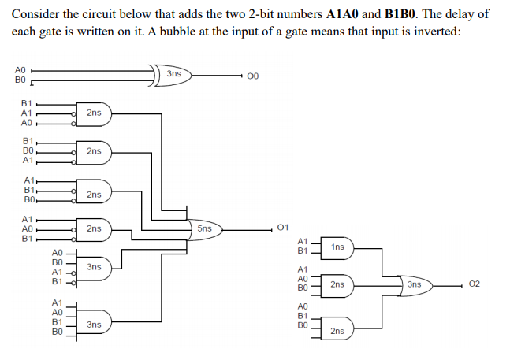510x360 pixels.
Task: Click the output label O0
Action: (x=252, y=76)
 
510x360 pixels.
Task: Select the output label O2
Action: (x=474, y=284)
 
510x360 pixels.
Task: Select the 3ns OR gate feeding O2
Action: (x=415, y=284)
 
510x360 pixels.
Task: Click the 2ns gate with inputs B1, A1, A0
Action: (x=94, y=113)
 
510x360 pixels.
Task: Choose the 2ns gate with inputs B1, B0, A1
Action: (x=94, y=150)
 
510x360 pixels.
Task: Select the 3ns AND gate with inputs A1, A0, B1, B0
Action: (x=94, y=323)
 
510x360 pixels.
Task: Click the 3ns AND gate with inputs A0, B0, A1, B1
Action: (x=94, y=268)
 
